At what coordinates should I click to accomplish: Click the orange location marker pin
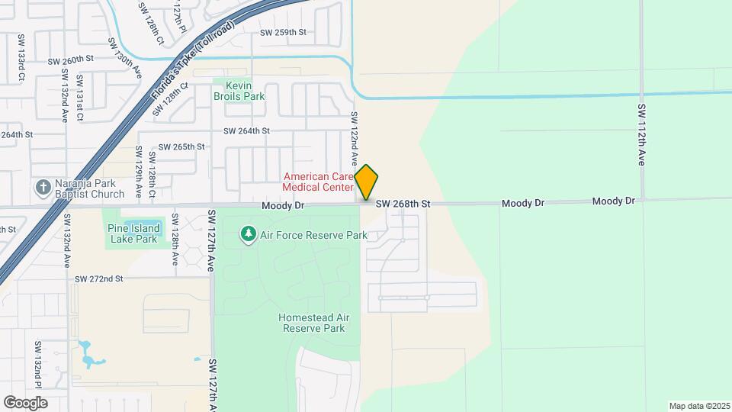click(366, 182)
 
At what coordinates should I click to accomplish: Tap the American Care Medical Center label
click(318, 182)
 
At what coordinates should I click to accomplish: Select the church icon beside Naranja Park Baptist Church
click(43, 187)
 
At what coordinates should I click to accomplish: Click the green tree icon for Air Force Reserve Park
click(248, 234)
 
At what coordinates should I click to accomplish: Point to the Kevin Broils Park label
click(239, 92)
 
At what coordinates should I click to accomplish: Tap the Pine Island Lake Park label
click(133, 233)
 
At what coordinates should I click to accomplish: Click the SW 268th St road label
click(403, 204)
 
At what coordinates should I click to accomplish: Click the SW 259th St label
click(283, 32)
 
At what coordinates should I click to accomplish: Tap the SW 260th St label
click(70, 60)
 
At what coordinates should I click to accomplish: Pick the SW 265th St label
click(181, 146)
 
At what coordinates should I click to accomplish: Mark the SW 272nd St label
click(98, 278)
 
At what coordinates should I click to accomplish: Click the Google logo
click(25, 402)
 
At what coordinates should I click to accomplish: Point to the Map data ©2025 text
click(698, 406)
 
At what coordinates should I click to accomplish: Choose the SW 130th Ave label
click(125, 58)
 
